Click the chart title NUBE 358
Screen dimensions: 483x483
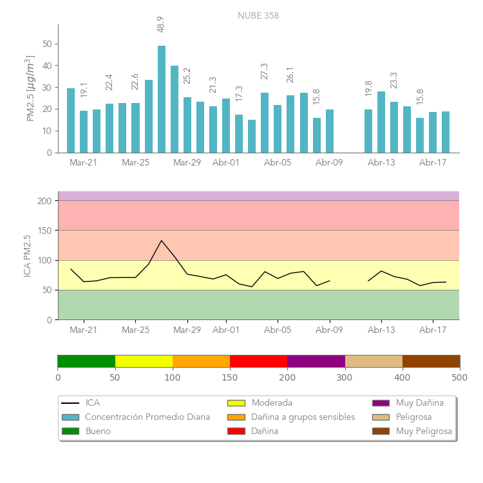point(258,15)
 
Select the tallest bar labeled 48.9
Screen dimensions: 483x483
point(161,99)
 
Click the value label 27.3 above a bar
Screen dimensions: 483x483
point(265,71)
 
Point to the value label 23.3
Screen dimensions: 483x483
point(394,80)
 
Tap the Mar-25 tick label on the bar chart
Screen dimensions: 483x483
point(135,163)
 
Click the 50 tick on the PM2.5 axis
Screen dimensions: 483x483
point(48,44)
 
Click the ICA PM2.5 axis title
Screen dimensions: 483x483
point(27,256)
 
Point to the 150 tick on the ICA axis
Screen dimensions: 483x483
point(45,231)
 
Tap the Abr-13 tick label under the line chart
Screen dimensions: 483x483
point(381,330)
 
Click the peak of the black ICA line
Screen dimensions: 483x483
point(161,241)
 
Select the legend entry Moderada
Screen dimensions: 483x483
point(272,403)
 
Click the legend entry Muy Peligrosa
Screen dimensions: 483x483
point(424,431)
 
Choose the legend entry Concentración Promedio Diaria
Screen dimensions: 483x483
point(147,417)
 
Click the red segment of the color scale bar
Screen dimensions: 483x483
point(258,361)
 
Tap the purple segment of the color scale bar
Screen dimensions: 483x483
point(316,361)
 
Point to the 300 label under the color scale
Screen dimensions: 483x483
point(345,377)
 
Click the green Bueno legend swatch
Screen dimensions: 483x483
point(70,431)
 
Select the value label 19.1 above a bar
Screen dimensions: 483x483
point(84,90)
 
